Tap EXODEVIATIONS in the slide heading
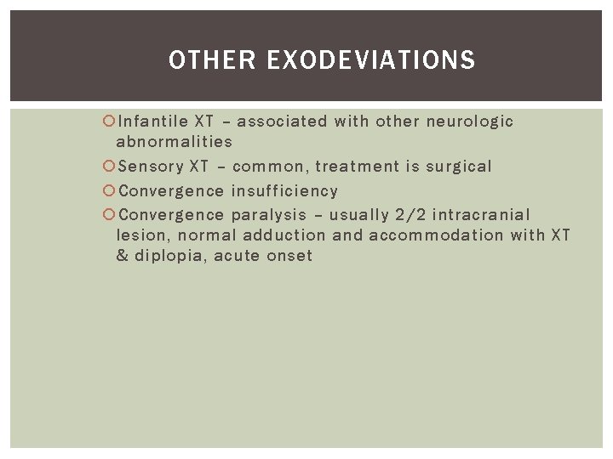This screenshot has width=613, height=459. pyautogui.click(x=370, y=60)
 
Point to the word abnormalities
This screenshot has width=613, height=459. pyautogui.click(x=174, y=142)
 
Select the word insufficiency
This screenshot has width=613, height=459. pyautogui.click(x=285, y=190)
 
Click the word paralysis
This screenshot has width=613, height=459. pyautogui.click(x=268, y=215)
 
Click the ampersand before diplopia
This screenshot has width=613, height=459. pyautogui.click(x=123, y=256)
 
